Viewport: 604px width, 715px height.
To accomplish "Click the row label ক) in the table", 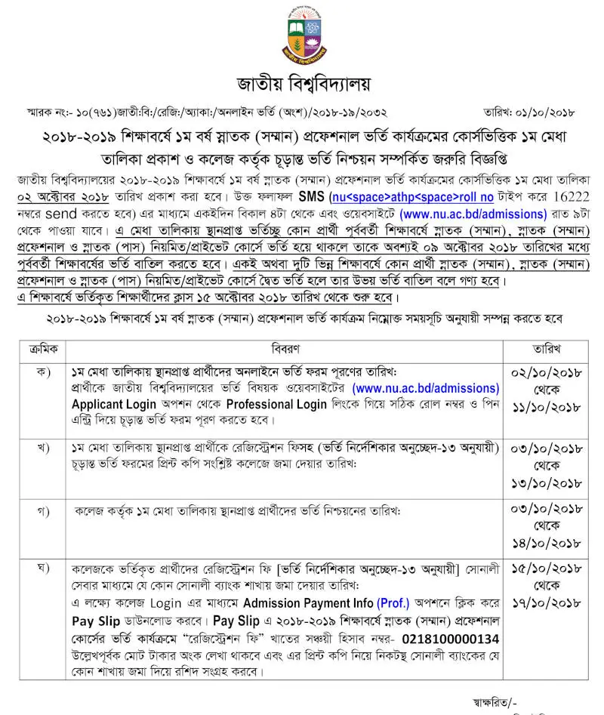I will (x=44, y=374).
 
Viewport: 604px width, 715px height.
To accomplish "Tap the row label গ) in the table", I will (x=44, y=511).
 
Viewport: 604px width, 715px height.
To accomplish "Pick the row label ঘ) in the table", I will (x=44, y=566).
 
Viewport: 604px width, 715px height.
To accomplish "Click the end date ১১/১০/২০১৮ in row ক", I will (x=545, y=407).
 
